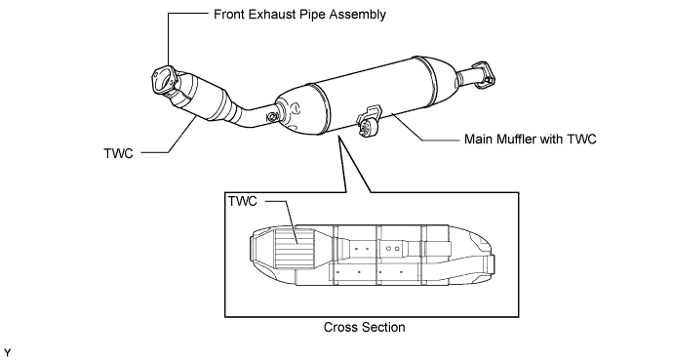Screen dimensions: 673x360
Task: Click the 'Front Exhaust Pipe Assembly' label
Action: [x=299, y=15]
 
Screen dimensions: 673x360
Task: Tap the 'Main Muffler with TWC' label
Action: [x=530, y=139]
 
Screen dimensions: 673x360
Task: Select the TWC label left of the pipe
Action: [x=118, y=153]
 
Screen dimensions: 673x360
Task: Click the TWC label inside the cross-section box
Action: [x=243, y=201]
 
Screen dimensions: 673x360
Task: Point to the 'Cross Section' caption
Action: [x=365, y=327]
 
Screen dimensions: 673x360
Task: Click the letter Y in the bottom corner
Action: [x=7, y=353]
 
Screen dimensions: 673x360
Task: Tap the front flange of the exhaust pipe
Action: [x=164, y=83]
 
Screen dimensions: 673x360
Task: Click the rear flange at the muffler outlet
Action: [x=483, y=75]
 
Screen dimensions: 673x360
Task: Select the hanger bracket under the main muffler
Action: [x=368, y=121]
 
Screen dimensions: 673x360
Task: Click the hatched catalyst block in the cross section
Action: [x=295, y=249]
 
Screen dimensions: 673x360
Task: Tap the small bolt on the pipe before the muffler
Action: [x=272, y=117]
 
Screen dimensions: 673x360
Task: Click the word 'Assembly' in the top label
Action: [x=358, y=15]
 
